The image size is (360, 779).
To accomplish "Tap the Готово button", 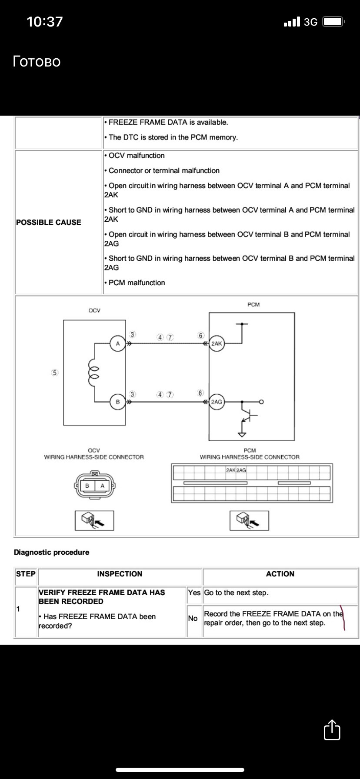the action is (x=37, y=61).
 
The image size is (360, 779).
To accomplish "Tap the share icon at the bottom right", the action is (x=332, y=729).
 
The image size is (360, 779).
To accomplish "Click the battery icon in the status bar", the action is (x=334, y=22).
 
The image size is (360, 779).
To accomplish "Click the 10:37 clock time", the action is (x=45, y=22).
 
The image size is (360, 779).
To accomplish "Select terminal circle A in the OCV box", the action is (x=117, y=344).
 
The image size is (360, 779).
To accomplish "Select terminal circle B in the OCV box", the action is (x=117, y=402).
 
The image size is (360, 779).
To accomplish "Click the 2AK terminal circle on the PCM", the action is (x=217, y=344).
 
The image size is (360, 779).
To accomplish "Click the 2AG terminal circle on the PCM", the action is (x=217, y=402).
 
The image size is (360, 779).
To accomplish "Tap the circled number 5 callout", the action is (x=55, y=373).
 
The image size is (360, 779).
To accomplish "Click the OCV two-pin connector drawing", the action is (x=95, y=485).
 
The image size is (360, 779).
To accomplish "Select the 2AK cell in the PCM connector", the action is (x=231, y=470).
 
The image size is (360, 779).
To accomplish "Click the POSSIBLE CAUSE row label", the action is (x=49, y=222).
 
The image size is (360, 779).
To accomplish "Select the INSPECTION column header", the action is (x=120, y=574).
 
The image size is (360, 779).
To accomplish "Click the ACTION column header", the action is (x=280, y=574).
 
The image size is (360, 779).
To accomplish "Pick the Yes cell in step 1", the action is (x=194, y=593).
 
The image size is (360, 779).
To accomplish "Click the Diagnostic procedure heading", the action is (x=51, y=552).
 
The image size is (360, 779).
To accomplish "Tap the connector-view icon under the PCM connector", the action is (x=249, y=520).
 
